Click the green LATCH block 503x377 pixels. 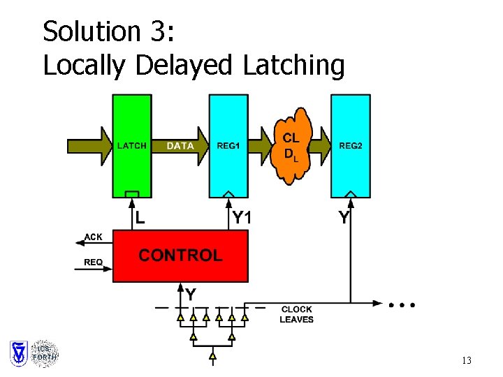click(131, 168)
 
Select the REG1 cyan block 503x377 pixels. click(228, 168)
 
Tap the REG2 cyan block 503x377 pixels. click(351, 168)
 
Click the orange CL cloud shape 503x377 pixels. click(292, 147)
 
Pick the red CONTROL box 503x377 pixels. click(180, 256)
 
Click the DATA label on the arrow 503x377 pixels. click(180, 146)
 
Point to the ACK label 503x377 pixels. click(93, 237)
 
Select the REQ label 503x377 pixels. click(93, 263)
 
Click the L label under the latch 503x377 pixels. click(140, 218)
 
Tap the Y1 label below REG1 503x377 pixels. click(242, 218)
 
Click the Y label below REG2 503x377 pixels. click(344, 218)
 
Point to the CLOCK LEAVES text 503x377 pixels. click(297, 314)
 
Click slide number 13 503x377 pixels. click(467, 361)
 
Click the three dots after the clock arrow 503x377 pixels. click(403, 305)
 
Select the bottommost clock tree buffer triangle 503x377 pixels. click(212, 357)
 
